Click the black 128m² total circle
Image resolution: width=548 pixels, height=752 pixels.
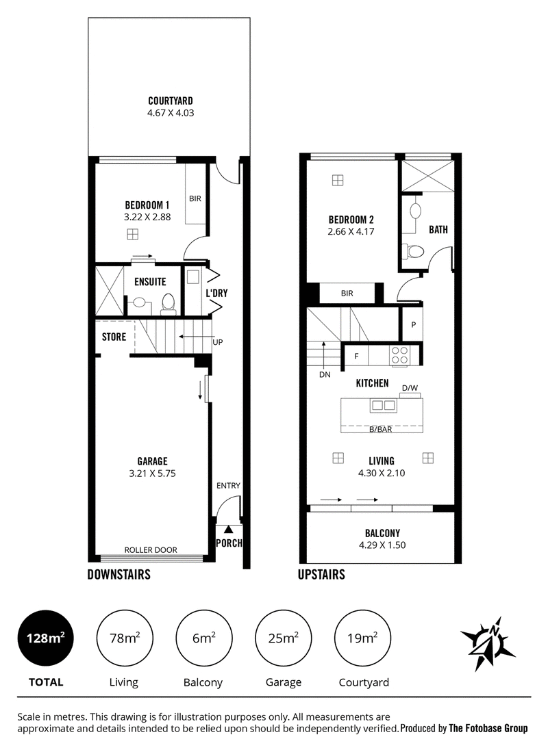pyautogui.click(x=46, y=638)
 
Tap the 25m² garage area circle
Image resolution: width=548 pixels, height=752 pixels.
pyautogui.click(x=283, y=638)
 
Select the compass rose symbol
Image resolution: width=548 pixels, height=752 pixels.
pyautogui.click(x=488, y=644)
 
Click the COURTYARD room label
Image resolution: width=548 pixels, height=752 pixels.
pyautogui.click(x=171, y=101)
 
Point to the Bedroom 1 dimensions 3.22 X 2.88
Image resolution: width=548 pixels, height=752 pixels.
pyautogui.click(x=147, y=217)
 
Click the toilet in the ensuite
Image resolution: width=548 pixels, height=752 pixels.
pyautogui.click(x=168, y=303)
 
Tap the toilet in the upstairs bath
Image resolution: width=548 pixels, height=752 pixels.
pyautogui.click(x=414, y=251)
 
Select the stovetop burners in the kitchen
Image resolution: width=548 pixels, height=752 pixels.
pyautogui.click(x=400, y=355)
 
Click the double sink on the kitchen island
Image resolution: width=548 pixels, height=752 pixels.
pyautogui.click(x=383, y=406)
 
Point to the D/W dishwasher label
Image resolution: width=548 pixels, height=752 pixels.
pyautogui.click(x=410, y=387)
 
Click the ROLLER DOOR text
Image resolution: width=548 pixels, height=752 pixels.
pyautogui.click(x=151, y=549)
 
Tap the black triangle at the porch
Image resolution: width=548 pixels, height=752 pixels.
pyautogui.click(x=229, y=530)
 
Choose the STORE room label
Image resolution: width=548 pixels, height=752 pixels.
pyautogui.click(x=114, y=337)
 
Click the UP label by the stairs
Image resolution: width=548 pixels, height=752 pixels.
pyautogui.click(x=218, y=342)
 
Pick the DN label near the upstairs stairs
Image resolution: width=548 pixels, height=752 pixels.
pyautogui.click(x=325, y=374)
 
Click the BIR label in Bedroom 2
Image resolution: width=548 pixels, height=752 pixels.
pyautogui.click(x=347, y=293)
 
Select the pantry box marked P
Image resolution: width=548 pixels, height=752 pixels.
pyautogui.click(x=413, y=324)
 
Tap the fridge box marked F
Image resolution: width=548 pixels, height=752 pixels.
pyautogui.click(x=356, y=356)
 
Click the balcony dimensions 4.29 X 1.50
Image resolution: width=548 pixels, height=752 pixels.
pyautogui.click(x=382, y=545)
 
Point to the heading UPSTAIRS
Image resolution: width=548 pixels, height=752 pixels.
pyautogui.click(x=321, y=574)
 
